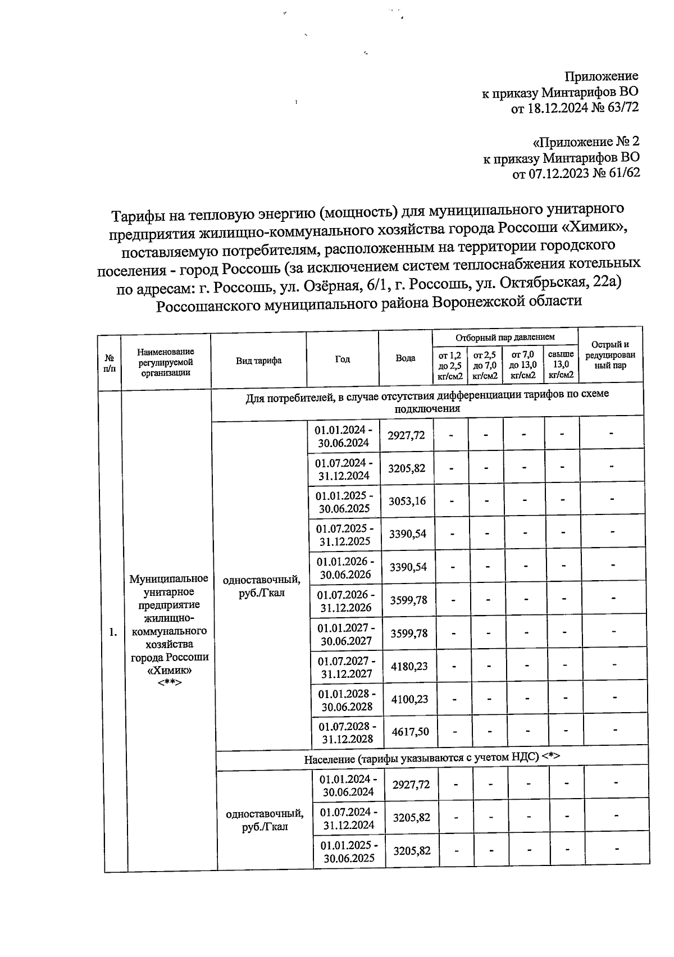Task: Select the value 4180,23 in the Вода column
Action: (409, 666)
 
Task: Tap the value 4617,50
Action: (410, 731)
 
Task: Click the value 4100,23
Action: (409, 699)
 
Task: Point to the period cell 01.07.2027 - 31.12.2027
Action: (346, 667)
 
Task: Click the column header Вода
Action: (405, 358)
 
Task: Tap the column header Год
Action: (342, 359)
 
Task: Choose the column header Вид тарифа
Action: (258, 361)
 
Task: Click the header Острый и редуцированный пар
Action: (610, 355)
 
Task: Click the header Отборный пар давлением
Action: (505, 337)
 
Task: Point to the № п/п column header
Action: (110, 363)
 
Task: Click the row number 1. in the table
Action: (113, 633)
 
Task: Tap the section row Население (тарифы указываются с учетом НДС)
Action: (432, 758)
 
